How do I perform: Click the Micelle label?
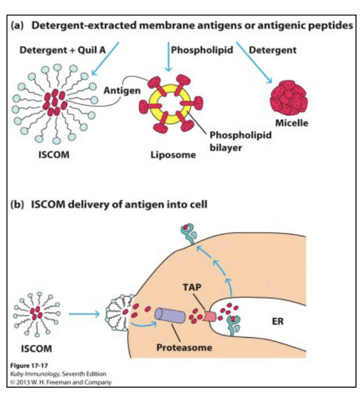click(x=292, y=123)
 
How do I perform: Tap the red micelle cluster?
click(x=289, y=97)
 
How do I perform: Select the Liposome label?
click(x=173, y=155)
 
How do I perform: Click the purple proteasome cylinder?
click(x=170, y=315)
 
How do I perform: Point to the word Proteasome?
click(x=184, y=348)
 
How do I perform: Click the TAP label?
click(x=192, y=287)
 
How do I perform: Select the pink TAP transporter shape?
click(x=209, y=317)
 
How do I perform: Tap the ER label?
click(x=277, y=322)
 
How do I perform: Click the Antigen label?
click(x=122, y=91)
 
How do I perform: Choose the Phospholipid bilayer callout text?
click(x=241, y=141)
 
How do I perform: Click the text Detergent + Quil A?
click(x=62, y=50)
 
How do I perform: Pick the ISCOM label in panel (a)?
click(x=54, y=155)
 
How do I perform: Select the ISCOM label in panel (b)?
click(x=37, y=349)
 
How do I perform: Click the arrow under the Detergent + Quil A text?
click(x=105, y=58)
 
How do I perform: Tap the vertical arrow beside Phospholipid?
click(x=169, y=57)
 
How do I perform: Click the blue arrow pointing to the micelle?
click(x=254, y=63)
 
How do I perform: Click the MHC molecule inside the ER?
click(x=233, y=325)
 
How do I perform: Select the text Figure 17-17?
click(x=29, y=365)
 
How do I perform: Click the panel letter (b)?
click(x=17, y=204)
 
